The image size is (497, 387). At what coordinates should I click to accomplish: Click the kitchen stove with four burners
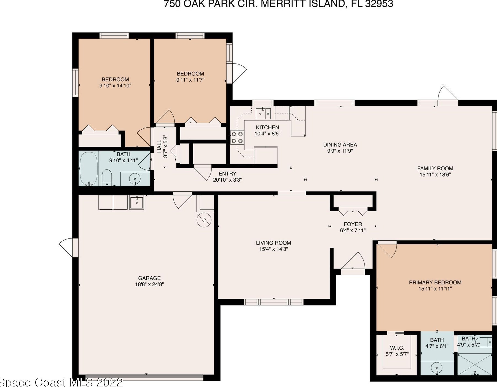click(237, 138)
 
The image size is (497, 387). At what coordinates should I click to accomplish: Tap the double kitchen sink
click(263, 114)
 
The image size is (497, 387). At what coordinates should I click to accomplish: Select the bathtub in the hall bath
click(88, 169)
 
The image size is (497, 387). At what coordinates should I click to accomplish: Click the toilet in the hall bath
click(107, 178)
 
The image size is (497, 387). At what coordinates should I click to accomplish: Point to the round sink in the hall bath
click(135, 179)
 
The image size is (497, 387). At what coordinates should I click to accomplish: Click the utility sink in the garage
click(136, 202)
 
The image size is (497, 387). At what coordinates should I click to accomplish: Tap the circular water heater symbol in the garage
click(204, 220)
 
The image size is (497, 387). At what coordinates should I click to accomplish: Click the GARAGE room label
click(149, 278)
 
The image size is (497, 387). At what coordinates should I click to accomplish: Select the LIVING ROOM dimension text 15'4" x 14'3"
click(273, 249)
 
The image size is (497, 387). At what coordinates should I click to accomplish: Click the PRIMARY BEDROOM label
click(435, 283)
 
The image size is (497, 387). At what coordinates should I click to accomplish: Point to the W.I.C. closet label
click(397, 348)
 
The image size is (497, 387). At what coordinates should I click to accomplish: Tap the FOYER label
click(353, 224)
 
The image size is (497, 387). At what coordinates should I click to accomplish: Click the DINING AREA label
click(340, 145)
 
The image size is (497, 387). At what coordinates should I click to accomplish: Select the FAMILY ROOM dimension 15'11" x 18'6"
click(435, 174)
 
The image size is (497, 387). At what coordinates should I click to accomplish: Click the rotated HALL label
click(159, 146)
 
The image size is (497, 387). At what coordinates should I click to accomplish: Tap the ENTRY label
click(227, 174)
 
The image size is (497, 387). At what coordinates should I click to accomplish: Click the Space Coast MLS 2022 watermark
click(61, 382)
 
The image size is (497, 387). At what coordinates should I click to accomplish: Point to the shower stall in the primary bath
click(474, 364)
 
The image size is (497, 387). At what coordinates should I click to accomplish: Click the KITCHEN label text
click(267, 127)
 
